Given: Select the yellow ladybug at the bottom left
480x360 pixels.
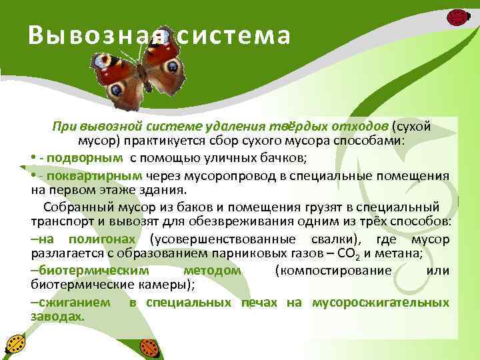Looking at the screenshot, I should click(x=15, y=344).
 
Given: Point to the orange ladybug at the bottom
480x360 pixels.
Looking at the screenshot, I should click(x=150, y=347).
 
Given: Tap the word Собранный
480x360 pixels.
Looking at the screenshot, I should click(x=74, y=207).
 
